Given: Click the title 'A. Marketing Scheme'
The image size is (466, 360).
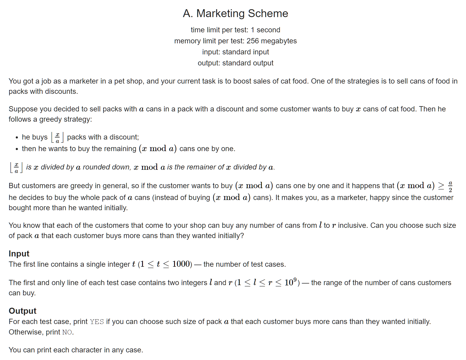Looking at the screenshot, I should click(235, 13).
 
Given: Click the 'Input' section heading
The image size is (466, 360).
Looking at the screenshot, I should click(19, 254).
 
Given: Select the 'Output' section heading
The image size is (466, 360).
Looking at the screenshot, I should click(22, 311).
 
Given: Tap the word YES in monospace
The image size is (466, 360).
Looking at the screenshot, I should click(97, 322).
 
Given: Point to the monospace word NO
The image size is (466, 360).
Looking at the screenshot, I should click(67, 332).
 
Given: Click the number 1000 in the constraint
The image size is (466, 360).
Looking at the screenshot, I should click(181, 264).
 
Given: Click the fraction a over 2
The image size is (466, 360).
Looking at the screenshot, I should click(450, 186).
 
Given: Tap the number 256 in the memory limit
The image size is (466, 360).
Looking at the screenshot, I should click(252, 41).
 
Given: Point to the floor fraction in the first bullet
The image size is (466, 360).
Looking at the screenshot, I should click(57, 137).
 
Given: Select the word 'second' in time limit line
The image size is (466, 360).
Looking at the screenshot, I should click(268, 30).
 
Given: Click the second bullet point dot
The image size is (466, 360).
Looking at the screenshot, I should click(17, 149).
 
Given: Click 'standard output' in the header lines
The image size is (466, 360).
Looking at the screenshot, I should click(248, 63).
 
